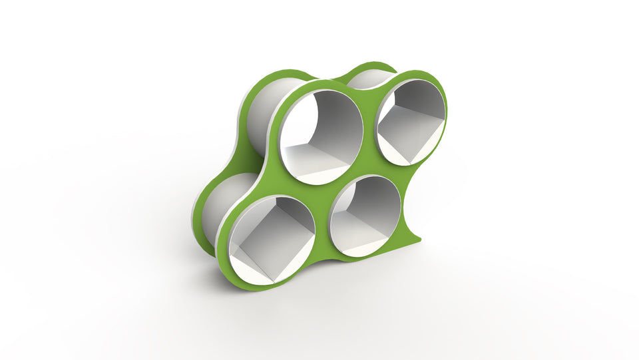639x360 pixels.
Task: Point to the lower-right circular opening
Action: [365, 215]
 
